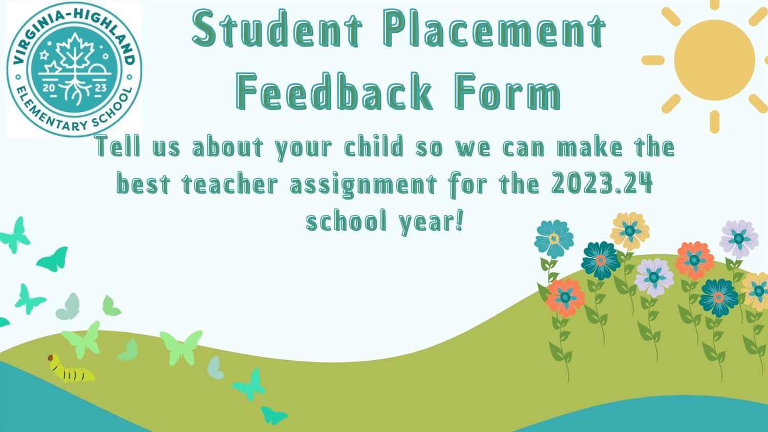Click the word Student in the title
277,29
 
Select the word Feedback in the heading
334,91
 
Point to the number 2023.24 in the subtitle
602,183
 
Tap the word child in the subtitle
374,147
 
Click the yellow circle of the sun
715,60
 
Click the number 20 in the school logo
49,88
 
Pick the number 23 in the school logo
100,88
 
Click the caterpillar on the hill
71,369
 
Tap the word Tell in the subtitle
119,146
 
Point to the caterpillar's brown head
51,358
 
